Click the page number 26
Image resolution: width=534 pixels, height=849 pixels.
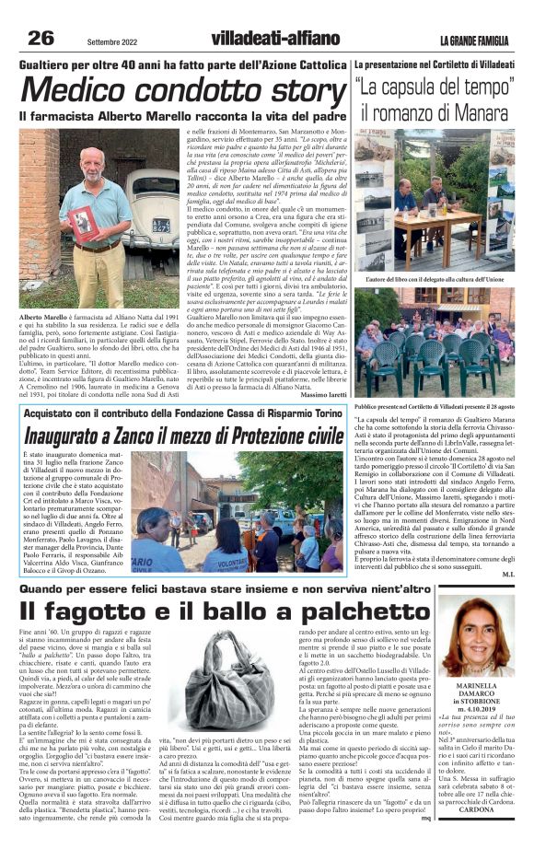[41, 38]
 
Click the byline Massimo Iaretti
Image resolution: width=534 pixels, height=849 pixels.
[321, 396]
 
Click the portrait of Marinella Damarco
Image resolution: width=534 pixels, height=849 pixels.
[476, 635]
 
